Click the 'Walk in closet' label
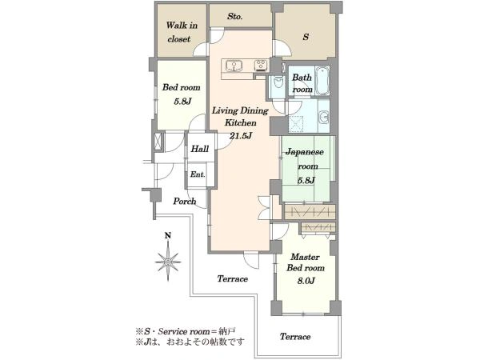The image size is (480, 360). coord(182,32)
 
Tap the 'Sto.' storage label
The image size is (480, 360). coord(235,17)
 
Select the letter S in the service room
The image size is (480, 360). coord(306,37)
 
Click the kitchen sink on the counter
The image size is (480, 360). coord(234,66)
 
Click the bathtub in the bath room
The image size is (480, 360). coord(322,80)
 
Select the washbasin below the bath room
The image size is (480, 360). coord(324,117)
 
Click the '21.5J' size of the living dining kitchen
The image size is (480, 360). coord(241,136)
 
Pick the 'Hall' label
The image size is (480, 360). coord(200,149)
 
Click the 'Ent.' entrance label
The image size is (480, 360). coord(198,174)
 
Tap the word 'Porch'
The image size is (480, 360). coord(185,201)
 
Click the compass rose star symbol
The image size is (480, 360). coord(168,262)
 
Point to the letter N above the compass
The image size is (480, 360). coord(168,236)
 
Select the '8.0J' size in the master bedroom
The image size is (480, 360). coord(306,281)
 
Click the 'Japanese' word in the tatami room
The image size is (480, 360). coord(305,152)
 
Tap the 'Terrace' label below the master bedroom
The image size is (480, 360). coord(295,337)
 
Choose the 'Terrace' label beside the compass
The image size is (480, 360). coord(233,278)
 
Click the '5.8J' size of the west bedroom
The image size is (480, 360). coord(182,102)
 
